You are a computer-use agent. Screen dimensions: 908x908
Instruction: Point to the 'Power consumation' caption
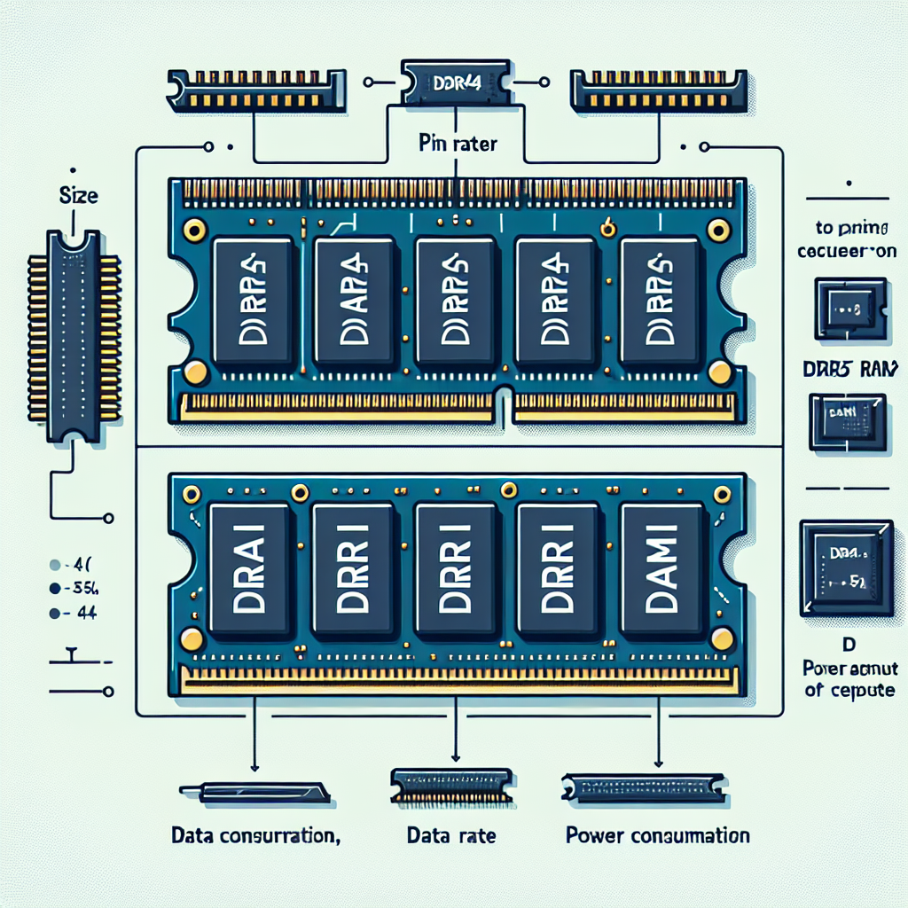656,835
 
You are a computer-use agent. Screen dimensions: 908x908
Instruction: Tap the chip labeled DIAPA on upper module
352,301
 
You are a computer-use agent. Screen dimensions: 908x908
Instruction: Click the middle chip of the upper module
453,301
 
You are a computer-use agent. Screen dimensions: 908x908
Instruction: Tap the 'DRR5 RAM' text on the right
848,371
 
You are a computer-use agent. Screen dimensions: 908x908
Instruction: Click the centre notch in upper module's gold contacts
504,403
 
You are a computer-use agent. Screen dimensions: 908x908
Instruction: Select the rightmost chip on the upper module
660,301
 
